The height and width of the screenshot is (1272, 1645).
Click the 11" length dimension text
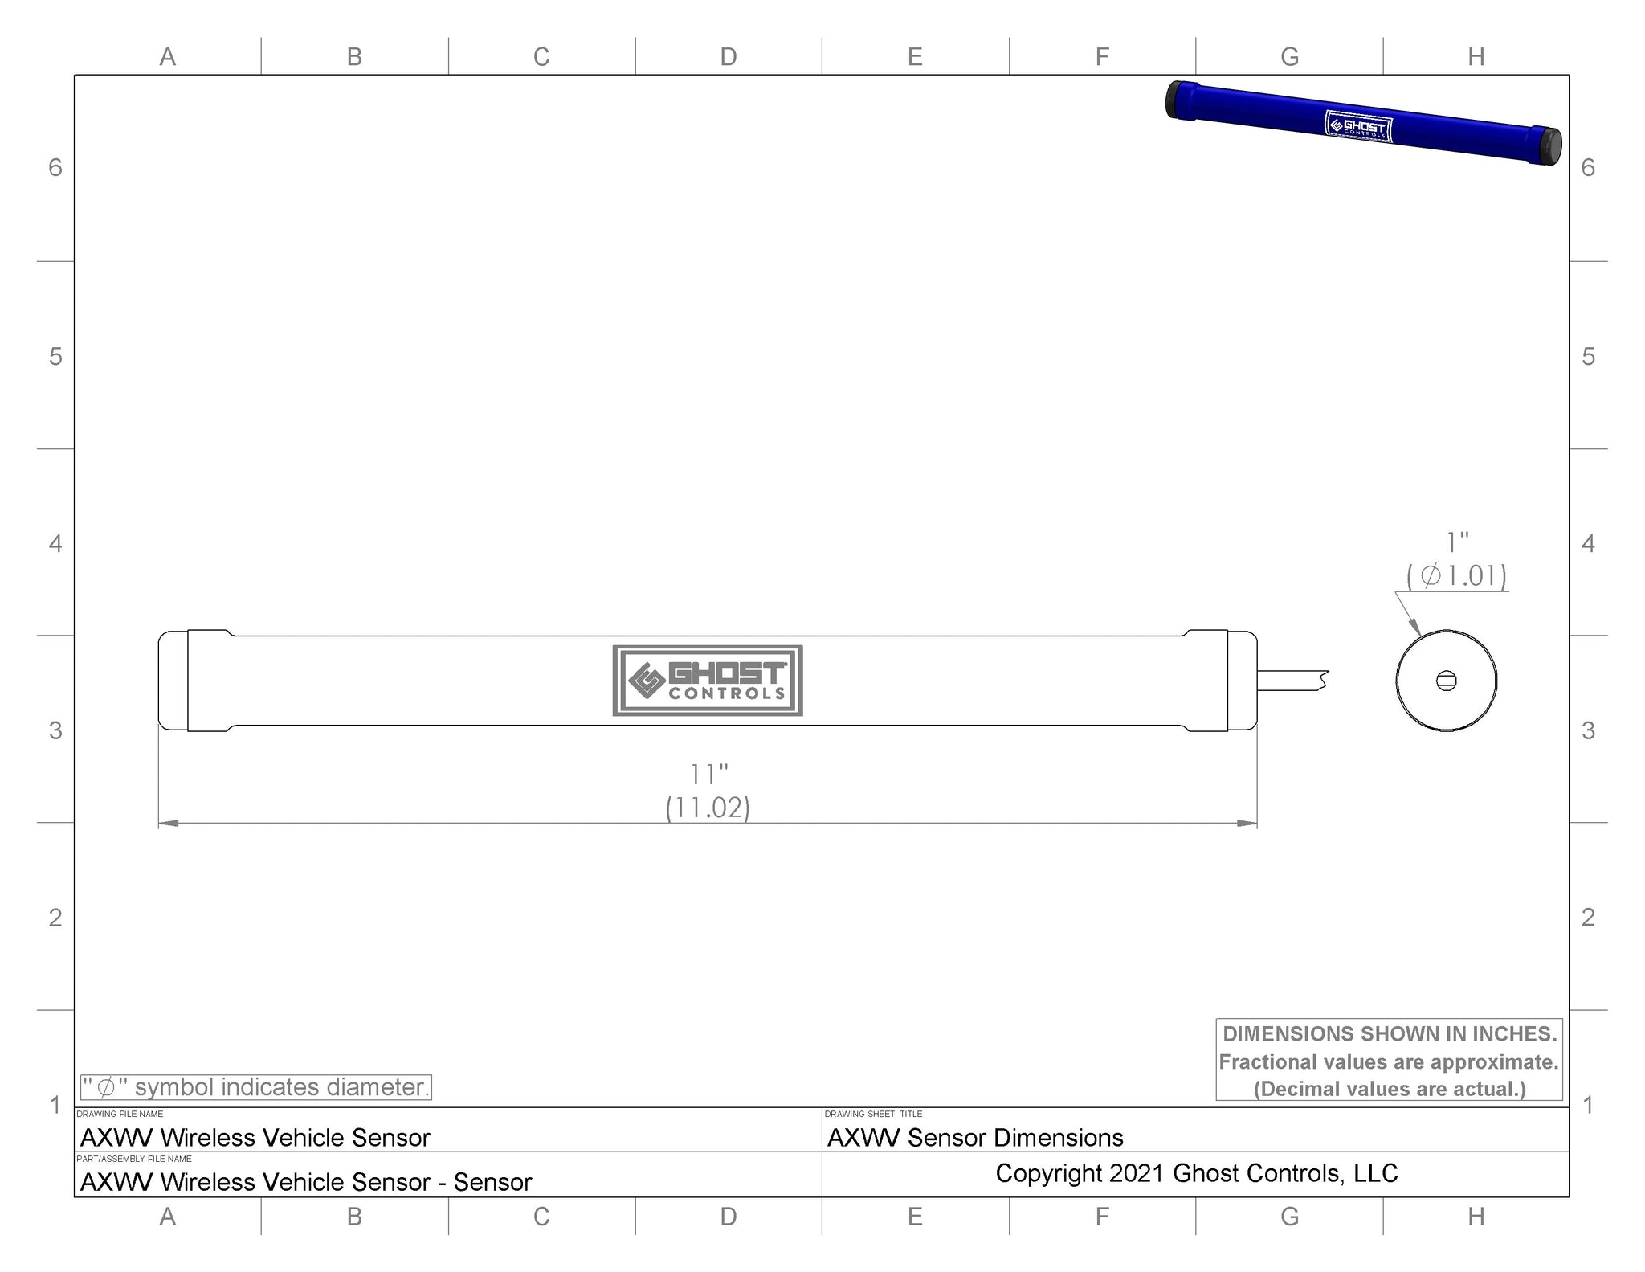pyautogui.click(x=708, y=775)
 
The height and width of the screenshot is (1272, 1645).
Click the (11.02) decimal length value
pyautogui.click(x=708, y=808)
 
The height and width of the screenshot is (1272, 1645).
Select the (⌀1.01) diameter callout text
pyautogui.click(x=1456, y=575)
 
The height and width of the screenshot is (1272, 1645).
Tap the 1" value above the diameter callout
pyautogui.click(x=1457, y=543)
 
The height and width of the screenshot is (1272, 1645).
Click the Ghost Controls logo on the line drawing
pyautogui.click(x=708, y=681)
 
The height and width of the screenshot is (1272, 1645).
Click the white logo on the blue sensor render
pyautogui.click(x=1358, y=126)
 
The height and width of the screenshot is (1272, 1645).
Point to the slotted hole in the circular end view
pyautogui.click(x=1446, y=681)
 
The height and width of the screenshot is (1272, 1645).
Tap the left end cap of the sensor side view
pyautogui.click(x=173, y=681)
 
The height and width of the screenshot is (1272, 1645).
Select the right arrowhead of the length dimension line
pyautogui.click(x=1247, y=823)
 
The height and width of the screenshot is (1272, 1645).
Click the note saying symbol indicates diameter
pyautogui.click(x=256, y=1087)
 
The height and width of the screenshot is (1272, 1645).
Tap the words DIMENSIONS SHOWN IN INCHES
pyautogui.click(x=1390, y=1033)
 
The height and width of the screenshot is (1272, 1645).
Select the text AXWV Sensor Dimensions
pyautogui.click(x=975, y=1138)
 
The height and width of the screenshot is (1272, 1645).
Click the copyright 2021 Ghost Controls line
pyautogui.click(x=1196, y=1173)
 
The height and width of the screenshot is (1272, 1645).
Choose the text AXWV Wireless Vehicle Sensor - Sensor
pyautogui.click(x=306, y=1182)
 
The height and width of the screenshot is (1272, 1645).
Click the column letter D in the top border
pyautogui.click(x=728, y=56)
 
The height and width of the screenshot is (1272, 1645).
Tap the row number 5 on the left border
pyautogui.click(x=55, y=356)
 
